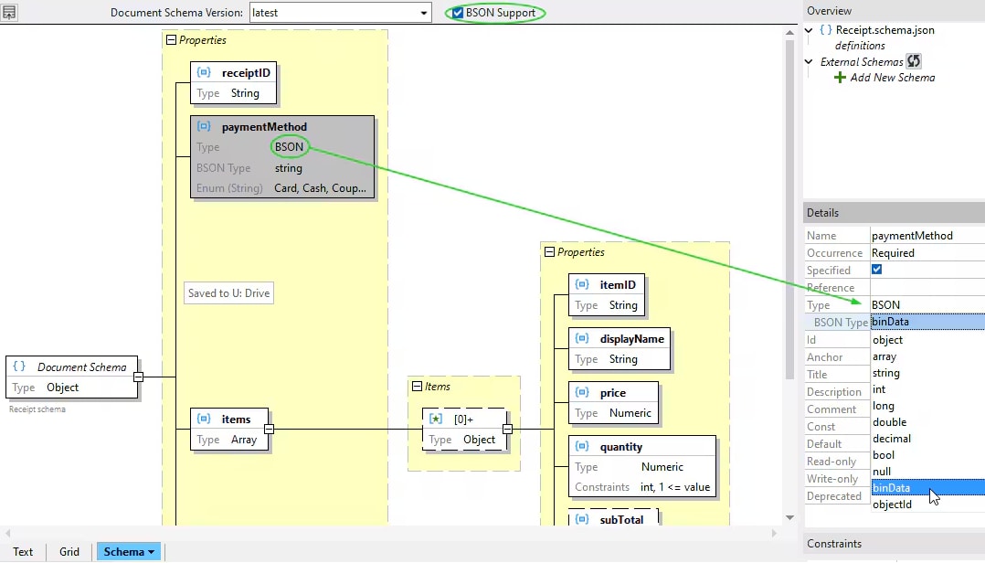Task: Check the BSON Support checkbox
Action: (458, 13)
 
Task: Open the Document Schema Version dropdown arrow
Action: (424, 13)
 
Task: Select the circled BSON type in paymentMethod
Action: (289, 146)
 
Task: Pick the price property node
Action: (612, 393)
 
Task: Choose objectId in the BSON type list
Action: (893, 505)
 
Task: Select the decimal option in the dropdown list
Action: (892, 439)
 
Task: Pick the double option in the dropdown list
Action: (890, 422)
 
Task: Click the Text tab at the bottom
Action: (23, 552)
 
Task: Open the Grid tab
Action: (69, 552)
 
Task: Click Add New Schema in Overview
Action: (892, 78)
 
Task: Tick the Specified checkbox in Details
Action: (877, 270)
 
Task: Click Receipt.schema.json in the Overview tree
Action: (884, 30)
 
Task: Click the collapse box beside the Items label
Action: (418, 387)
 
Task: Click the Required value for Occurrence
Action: (893, 253)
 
